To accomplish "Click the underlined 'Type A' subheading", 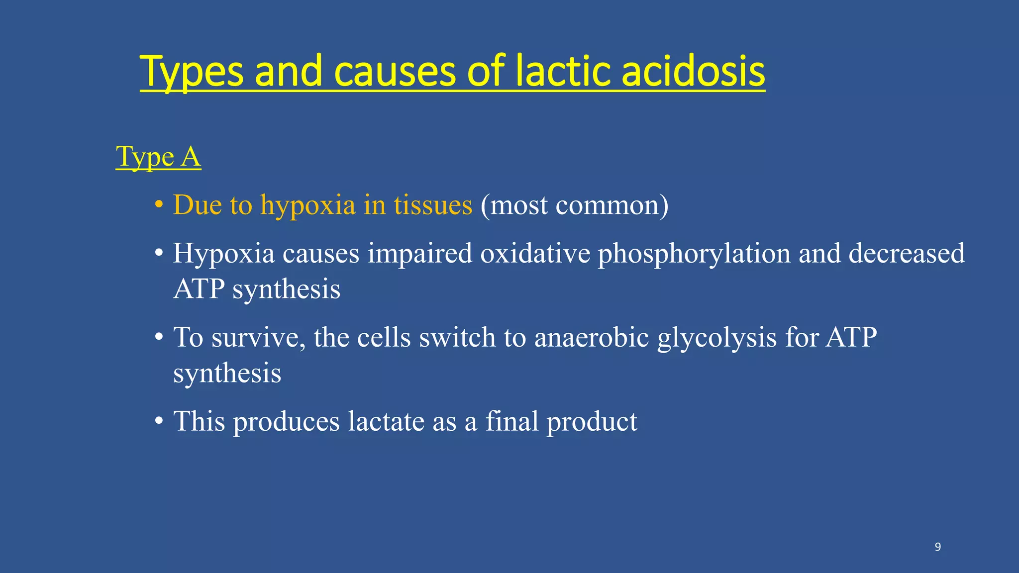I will tap(158, 157).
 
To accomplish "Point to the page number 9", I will tap(937, 547).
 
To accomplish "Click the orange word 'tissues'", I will tap(433, 205).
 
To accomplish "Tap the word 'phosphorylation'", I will tap(694, 254).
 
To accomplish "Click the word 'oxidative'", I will tap(535, 253).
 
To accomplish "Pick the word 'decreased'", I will tap(906, 253).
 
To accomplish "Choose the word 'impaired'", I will tap(419, 254).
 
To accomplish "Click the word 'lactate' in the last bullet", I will tap(386, 421).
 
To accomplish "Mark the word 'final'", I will tap(511, 421).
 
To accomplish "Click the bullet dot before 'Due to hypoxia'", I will tap(159, 204).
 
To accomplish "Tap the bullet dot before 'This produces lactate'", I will tap(159, 421).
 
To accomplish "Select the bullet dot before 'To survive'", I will tap(159, 337).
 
